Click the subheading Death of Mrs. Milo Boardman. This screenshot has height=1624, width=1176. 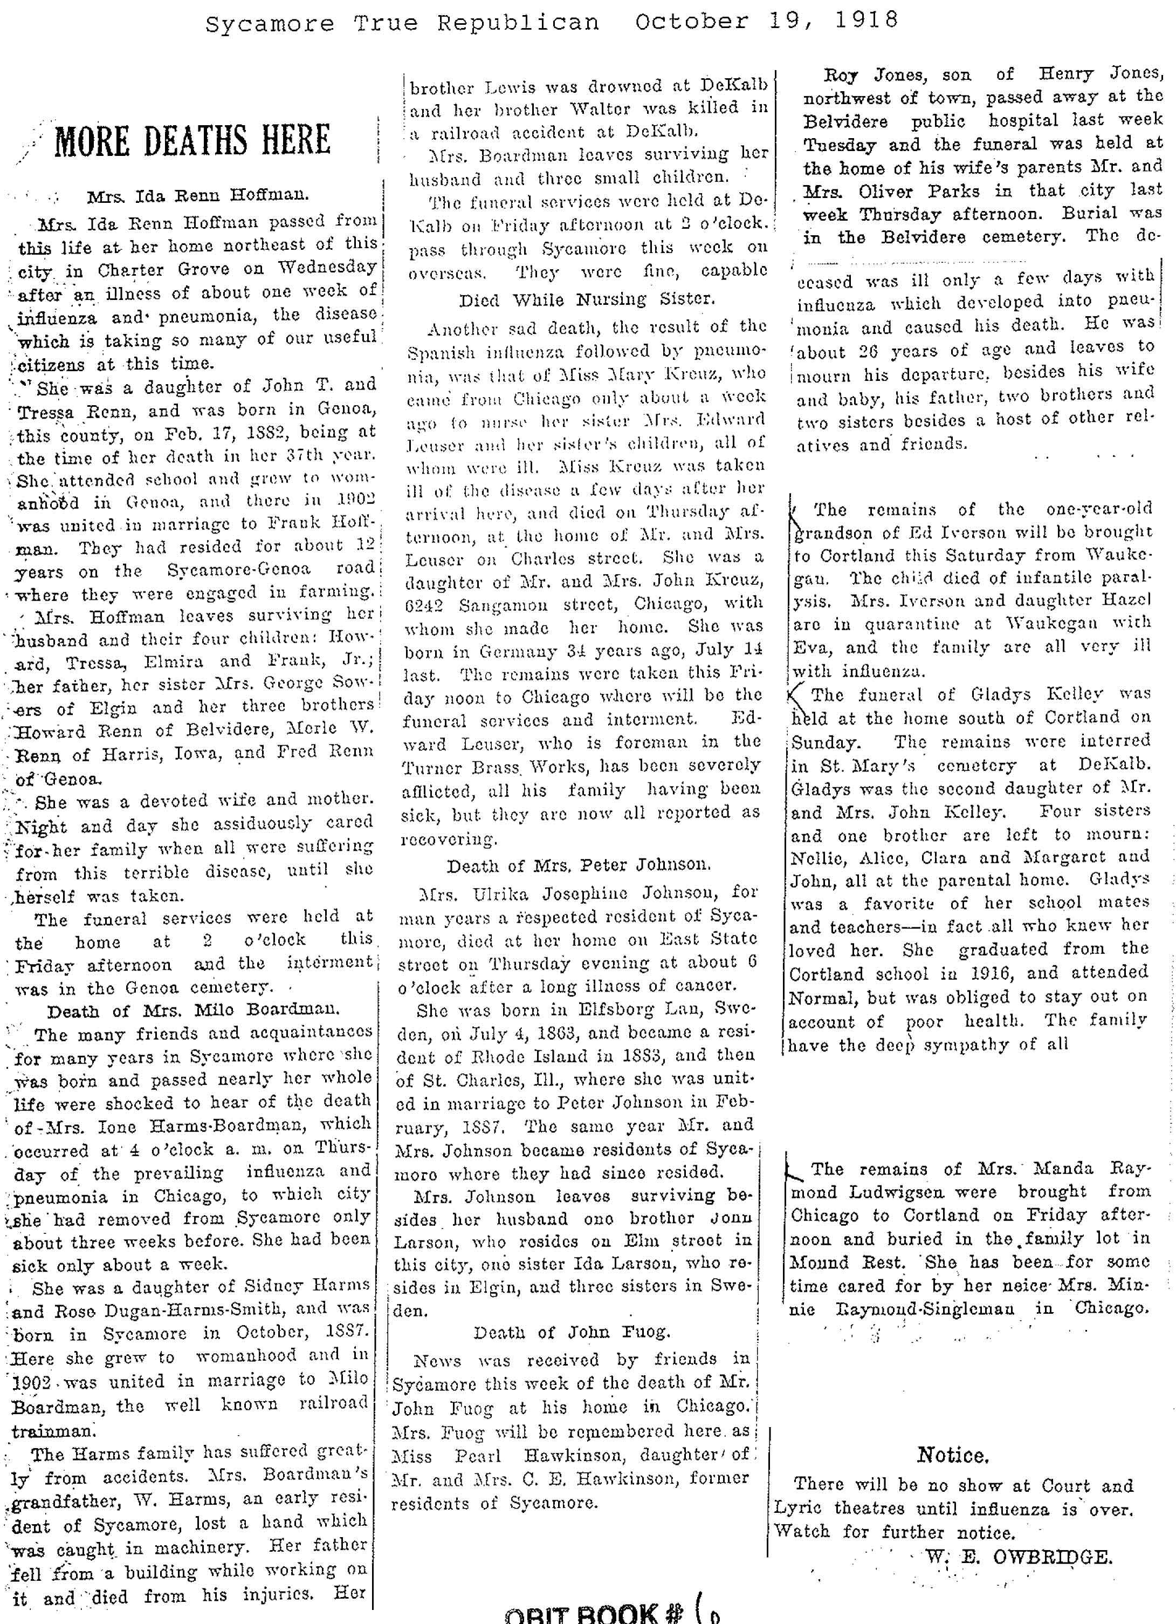coord(193,1011)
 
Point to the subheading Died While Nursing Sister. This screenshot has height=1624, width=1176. coord(587,299)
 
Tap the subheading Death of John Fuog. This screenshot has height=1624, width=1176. coord(571,1332)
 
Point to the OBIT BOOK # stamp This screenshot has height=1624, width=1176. coord(594,1613)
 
